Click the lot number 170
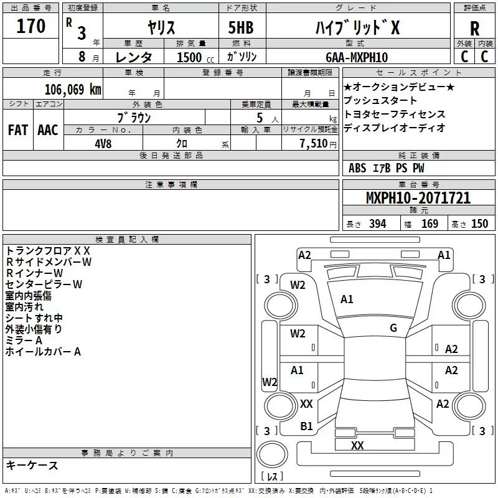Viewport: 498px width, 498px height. [31, 26]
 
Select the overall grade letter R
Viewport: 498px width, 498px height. [474, 29]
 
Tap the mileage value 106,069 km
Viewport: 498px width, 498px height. [73, 90]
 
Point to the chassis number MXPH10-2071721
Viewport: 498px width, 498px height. [418, 198]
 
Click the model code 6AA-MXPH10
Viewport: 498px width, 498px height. [357, 57]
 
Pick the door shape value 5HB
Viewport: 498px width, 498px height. [241, 27]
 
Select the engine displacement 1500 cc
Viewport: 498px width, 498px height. [195, 57]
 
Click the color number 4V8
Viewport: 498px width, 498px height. [103, 144]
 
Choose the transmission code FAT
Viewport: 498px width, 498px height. [18, 130]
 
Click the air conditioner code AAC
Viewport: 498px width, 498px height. [48, 130]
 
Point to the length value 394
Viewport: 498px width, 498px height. [378, 224]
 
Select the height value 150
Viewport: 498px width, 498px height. [479, 224]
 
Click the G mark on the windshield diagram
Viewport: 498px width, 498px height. [393, 328]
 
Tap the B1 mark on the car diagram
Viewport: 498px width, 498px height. [306, 426]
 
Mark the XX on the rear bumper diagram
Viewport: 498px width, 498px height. [357, 445]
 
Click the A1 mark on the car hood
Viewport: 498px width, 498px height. [347, 299]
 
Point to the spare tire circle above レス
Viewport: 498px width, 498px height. [272, 455]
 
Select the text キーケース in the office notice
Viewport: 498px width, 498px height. [32, 465]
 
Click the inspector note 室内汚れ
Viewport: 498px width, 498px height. [24, 307]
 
